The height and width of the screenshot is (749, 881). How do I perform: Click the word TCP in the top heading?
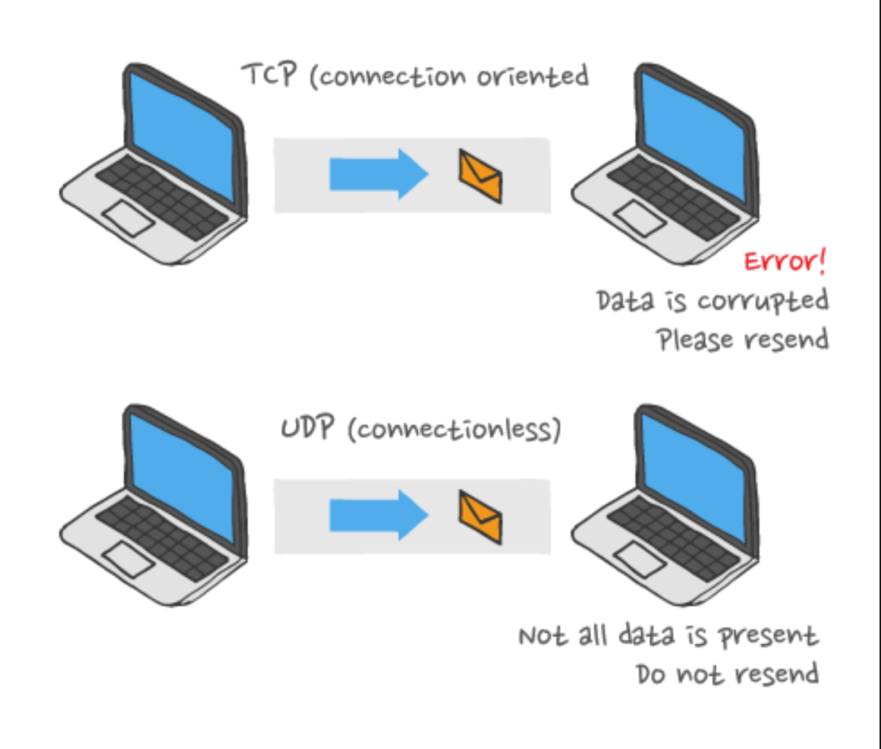point(269,74)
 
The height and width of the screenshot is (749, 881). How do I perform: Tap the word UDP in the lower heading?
point(307,428)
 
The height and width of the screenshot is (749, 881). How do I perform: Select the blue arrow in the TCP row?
point(378,174)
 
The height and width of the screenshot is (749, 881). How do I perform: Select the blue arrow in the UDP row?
point(378,514)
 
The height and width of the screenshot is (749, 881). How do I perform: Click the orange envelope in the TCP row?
point(480,176)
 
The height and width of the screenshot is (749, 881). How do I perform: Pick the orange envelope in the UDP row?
point(480,516)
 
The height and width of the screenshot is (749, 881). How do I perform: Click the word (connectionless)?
point(454,429)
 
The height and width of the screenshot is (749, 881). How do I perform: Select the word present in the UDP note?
point(768,636)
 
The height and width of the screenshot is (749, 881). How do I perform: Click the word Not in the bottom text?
point(543,636)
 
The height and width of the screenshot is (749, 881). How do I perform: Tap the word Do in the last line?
point(651,674)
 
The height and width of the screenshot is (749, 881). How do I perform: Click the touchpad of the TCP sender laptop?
point(128,218)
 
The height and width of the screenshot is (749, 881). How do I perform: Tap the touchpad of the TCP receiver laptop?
point(639,218)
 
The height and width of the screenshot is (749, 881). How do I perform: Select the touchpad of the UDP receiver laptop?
point(639,559)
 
